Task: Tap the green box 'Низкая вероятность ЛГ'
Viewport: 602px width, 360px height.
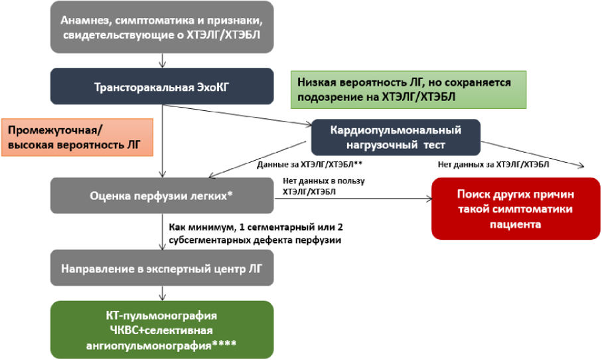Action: click(x=408, y=90)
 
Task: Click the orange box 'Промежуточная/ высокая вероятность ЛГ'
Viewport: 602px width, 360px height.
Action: click(x=77, y=135)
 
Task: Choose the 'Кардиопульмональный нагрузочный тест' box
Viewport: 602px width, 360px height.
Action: click(x=396, y=136)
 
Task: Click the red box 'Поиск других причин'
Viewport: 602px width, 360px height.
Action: click(x=515, y=208)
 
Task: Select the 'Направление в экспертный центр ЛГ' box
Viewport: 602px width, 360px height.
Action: click(x=162, y=270)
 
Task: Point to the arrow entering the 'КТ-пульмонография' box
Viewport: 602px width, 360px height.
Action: click(x=162, y=294)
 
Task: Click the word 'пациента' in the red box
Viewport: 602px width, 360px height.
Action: click(x=515, y=225)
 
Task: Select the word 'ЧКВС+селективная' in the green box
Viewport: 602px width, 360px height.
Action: click(x=162, y=330)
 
